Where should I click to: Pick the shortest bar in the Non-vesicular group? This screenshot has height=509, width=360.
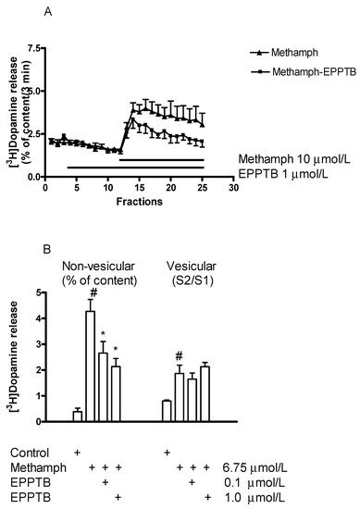tap(77, 416)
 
